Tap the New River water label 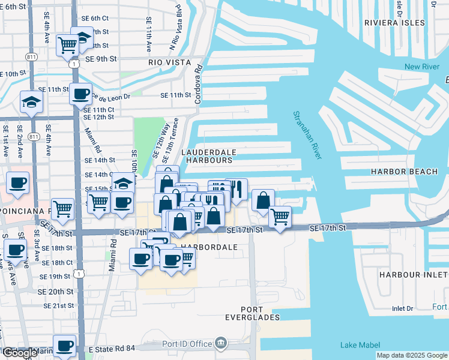pyautogui.click(x=421, y=67)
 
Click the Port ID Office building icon pyautogui.click(x=221, y=343)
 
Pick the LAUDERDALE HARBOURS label pyautogui.click(x=208, y=157)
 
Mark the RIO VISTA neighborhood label pyautogui.click(x=170, y=62)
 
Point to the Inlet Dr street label pyautogui.click(x=402, y=308)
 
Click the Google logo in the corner pyautogui.click(x=19, y=353)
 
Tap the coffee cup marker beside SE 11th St pyautogui.click(x=80, y=94)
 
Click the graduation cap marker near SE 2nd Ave pyautogui.click(x=31, y=103)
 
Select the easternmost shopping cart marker pyautogui.click(x=280, y=217)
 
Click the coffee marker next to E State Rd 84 pyautogui.click(x=65, y=346)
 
